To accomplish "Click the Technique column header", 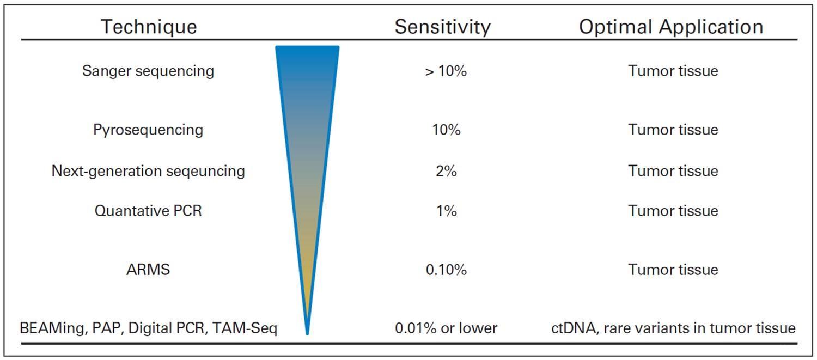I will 149,27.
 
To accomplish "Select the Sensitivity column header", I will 442,27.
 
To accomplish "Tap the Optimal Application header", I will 671,27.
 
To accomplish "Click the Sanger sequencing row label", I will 148,71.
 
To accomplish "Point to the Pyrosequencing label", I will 148,130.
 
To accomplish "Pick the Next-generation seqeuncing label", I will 148,171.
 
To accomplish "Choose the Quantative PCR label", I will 148,211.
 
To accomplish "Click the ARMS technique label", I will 148,270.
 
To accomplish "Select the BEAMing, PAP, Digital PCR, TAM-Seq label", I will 148,328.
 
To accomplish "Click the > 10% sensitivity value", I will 446,71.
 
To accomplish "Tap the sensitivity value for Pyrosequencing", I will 446,130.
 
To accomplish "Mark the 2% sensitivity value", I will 446,171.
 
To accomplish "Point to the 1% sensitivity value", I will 446,211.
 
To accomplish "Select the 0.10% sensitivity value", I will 446,270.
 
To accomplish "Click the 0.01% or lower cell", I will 446,328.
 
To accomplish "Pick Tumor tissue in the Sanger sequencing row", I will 673,71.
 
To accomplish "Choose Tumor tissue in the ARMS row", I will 673,270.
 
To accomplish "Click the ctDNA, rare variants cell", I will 673,328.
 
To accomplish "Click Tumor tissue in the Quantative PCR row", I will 673,211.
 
